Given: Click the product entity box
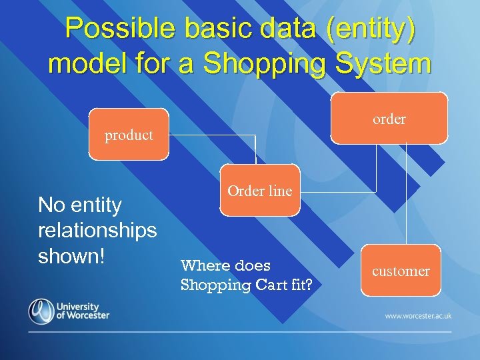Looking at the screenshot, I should pos(129,135).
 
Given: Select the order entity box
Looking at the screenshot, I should pos(389,119).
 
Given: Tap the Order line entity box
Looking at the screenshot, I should pos(260,191).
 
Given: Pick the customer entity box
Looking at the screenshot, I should pos(401,271).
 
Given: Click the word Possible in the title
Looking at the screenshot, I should pos(120,29).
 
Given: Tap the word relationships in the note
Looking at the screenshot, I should pos(97,231).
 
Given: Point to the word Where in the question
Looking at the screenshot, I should pos(206,265).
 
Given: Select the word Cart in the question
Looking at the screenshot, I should pos(271,285).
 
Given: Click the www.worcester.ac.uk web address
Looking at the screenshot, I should pos(418,315).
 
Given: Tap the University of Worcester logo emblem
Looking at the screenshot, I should pos(41,311).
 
